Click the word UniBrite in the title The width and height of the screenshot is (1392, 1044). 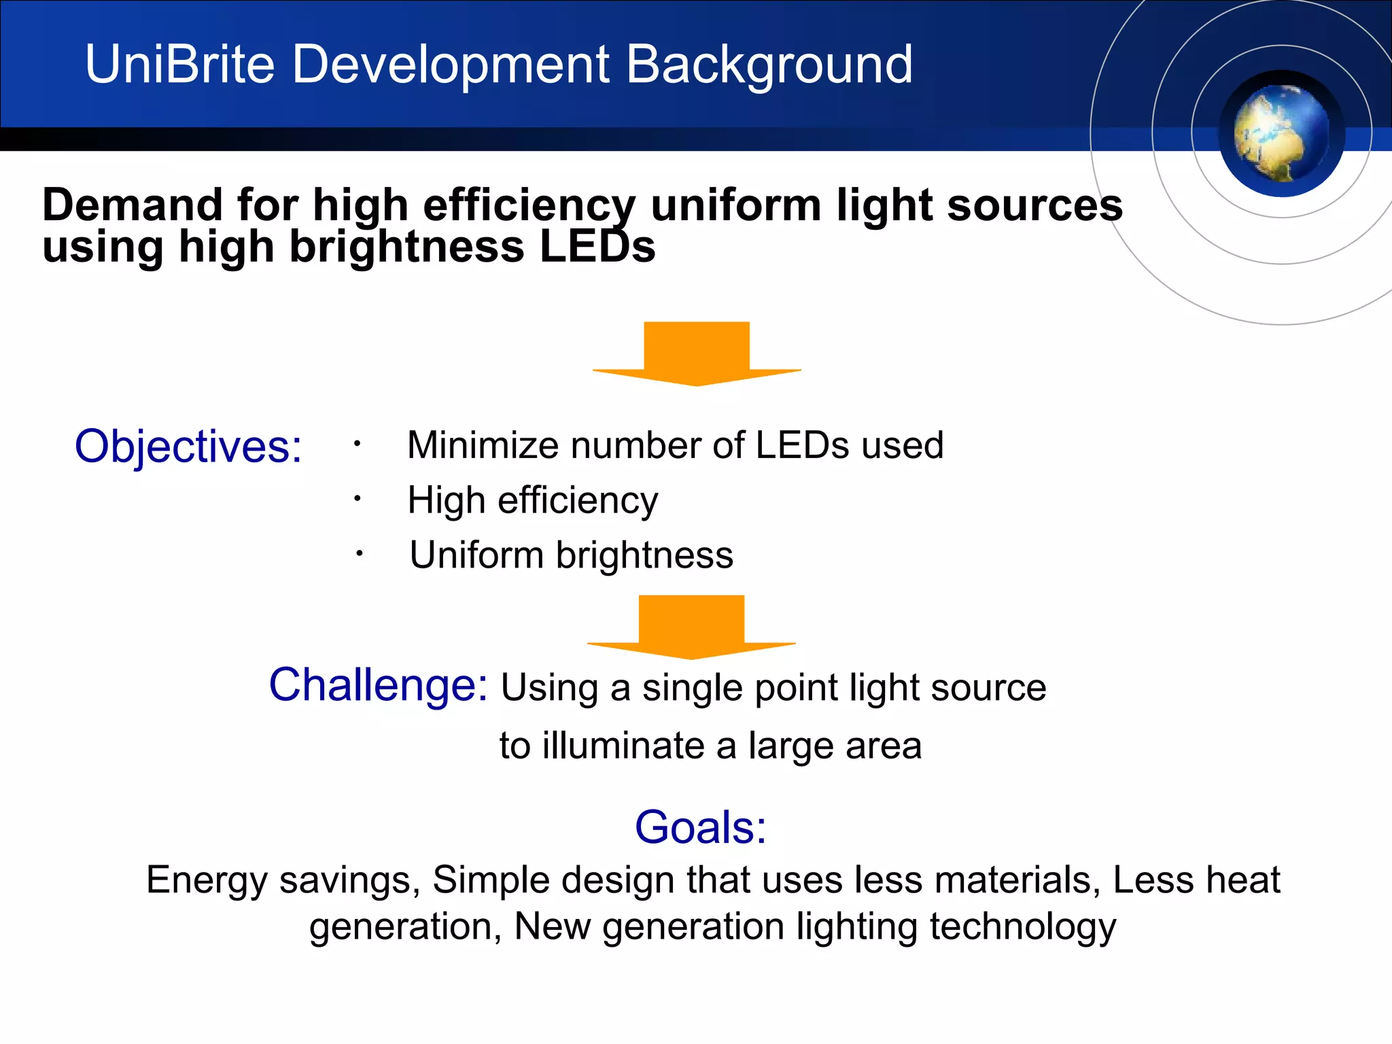pos(179,65)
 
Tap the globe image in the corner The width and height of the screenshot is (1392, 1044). pos(1281,134)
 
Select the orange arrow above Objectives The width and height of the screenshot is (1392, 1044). pos(697,353)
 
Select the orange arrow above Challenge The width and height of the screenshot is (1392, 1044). pos(691,626)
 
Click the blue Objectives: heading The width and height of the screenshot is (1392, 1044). pos(188,447)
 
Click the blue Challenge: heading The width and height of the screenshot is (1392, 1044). pos(378,684)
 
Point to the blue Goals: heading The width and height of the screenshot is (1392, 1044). pos(700,827)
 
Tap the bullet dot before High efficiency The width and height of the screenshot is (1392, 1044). pos(357,500)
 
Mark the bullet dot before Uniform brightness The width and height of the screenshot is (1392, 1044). pos(360,555)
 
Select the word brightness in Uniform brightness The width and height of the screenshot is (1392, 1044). pos(644,555)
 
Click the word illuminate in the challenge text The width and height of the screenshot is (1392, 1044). pos(623,746)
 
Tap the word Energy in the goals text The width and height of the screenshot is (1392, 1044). pos(207,880)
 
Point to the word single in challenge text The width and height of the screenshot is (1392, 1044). pos(692,688)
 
